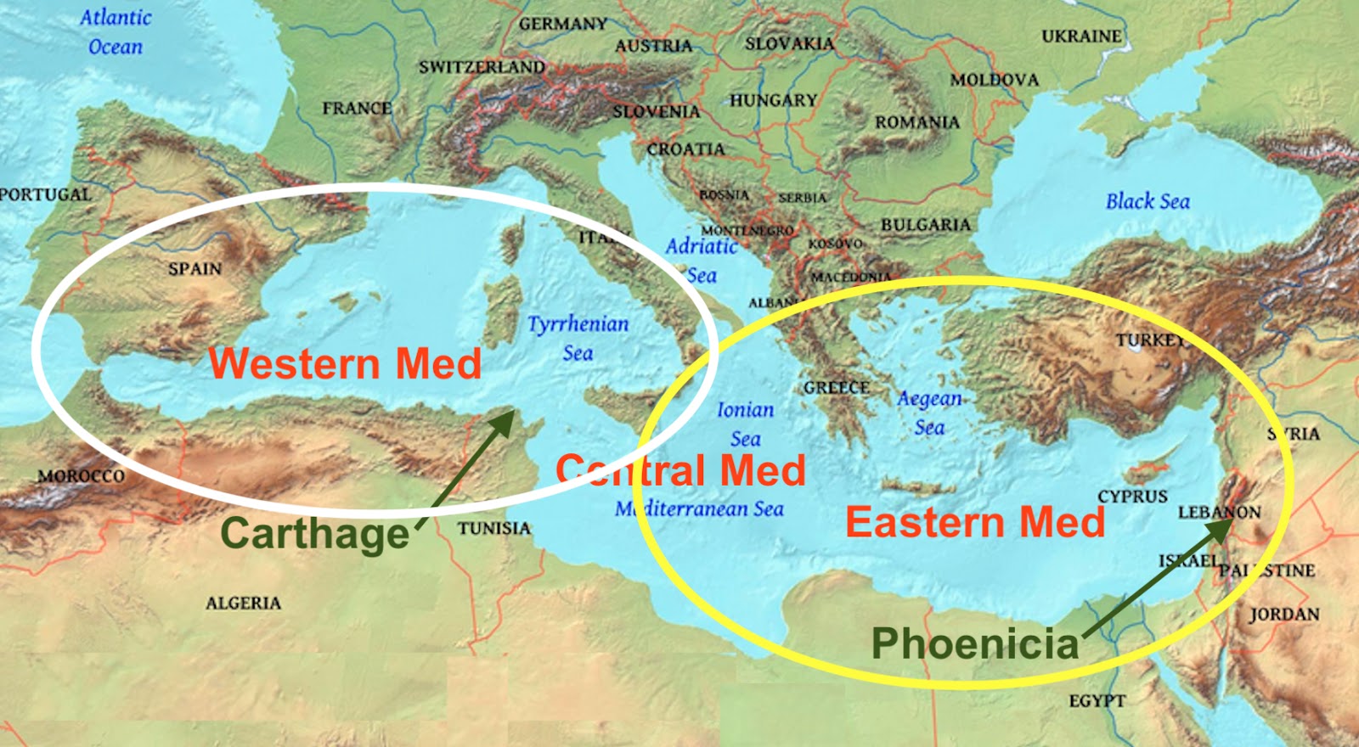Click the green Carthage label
(314, 534)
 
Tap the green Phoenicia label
(974, 643)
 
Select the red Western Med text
(345, 363)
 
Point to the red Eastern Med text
(974, 521)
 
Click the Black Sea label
(1147, 202)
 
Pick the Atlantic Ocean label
(116, 31)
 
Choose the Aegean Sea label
(929, 413)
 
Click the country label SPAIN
(195, 269)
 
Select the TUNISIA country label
(493, 529)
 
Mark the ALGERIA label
(243, 604)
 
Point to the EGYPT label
(1097, 701)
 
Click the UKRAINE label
(1081, 37)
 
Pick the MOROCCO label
(81, 476)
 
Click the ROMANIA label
(916, 122)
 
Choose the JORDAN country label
(1283, 614)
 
